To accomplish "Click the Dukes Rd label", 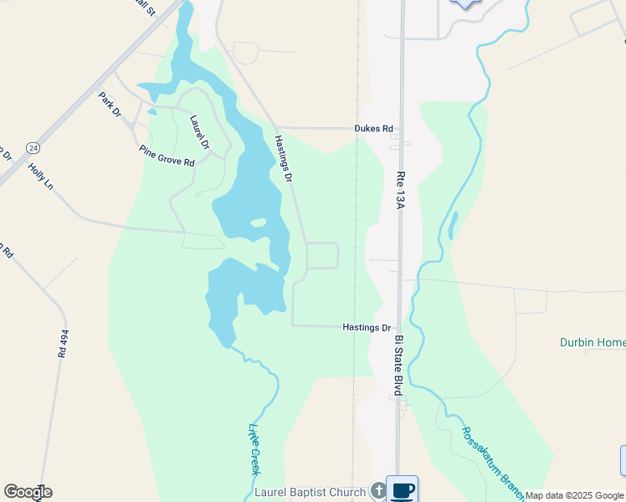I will [x=373, y=129].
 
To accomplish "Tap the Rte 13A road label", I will [x=400, y=190].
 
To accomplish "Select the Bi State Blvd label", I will [x=399, y=366].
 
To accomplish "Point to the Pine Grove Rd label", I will [x=167, y=155].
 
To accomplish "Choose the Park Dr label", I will [x=110, y=105].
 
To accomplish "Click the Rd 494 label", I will [x=63, y=343].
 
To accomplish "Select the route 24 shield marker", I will [x=33, y=147].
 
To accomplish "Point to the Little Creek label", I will [x=254, y=449].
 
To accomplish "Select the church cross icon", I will [x=377, y=491].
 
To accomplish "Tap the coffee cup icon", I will [x=402, y=489].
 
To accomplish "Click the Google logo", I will [x=28, y=492].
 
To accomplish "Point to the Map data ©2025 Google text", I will [x=574, y=495].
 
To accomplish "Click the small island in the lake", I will [x=258, y=223].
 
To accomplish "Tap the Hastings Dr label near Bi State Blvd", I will [x=367, y=328].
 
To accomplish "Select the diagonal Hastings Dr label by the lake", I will [x=284, y=159].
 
